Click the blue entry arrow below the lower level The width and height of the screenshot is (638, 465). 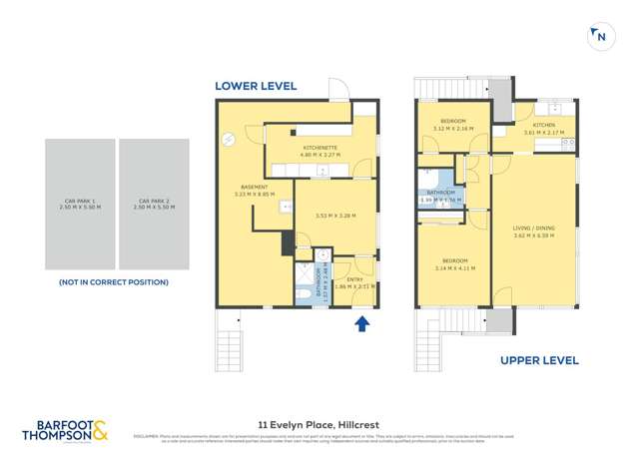(x=362, y=323)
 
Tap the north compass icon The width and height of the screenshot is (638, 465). (x=599, y=36)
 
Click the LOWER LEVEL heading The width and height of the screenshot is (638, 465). (x=256, y=86)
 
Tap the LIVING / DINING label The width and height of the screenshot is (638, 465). (x=532, y=232)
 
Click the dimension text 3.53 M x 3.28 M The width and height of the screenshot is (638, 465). (x=334, y=216)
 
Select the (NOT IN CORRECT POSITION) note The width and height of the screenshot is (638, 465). (x=113, y=282)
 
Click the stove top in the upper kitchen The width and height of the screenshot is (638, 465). (x=568, y=143)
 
